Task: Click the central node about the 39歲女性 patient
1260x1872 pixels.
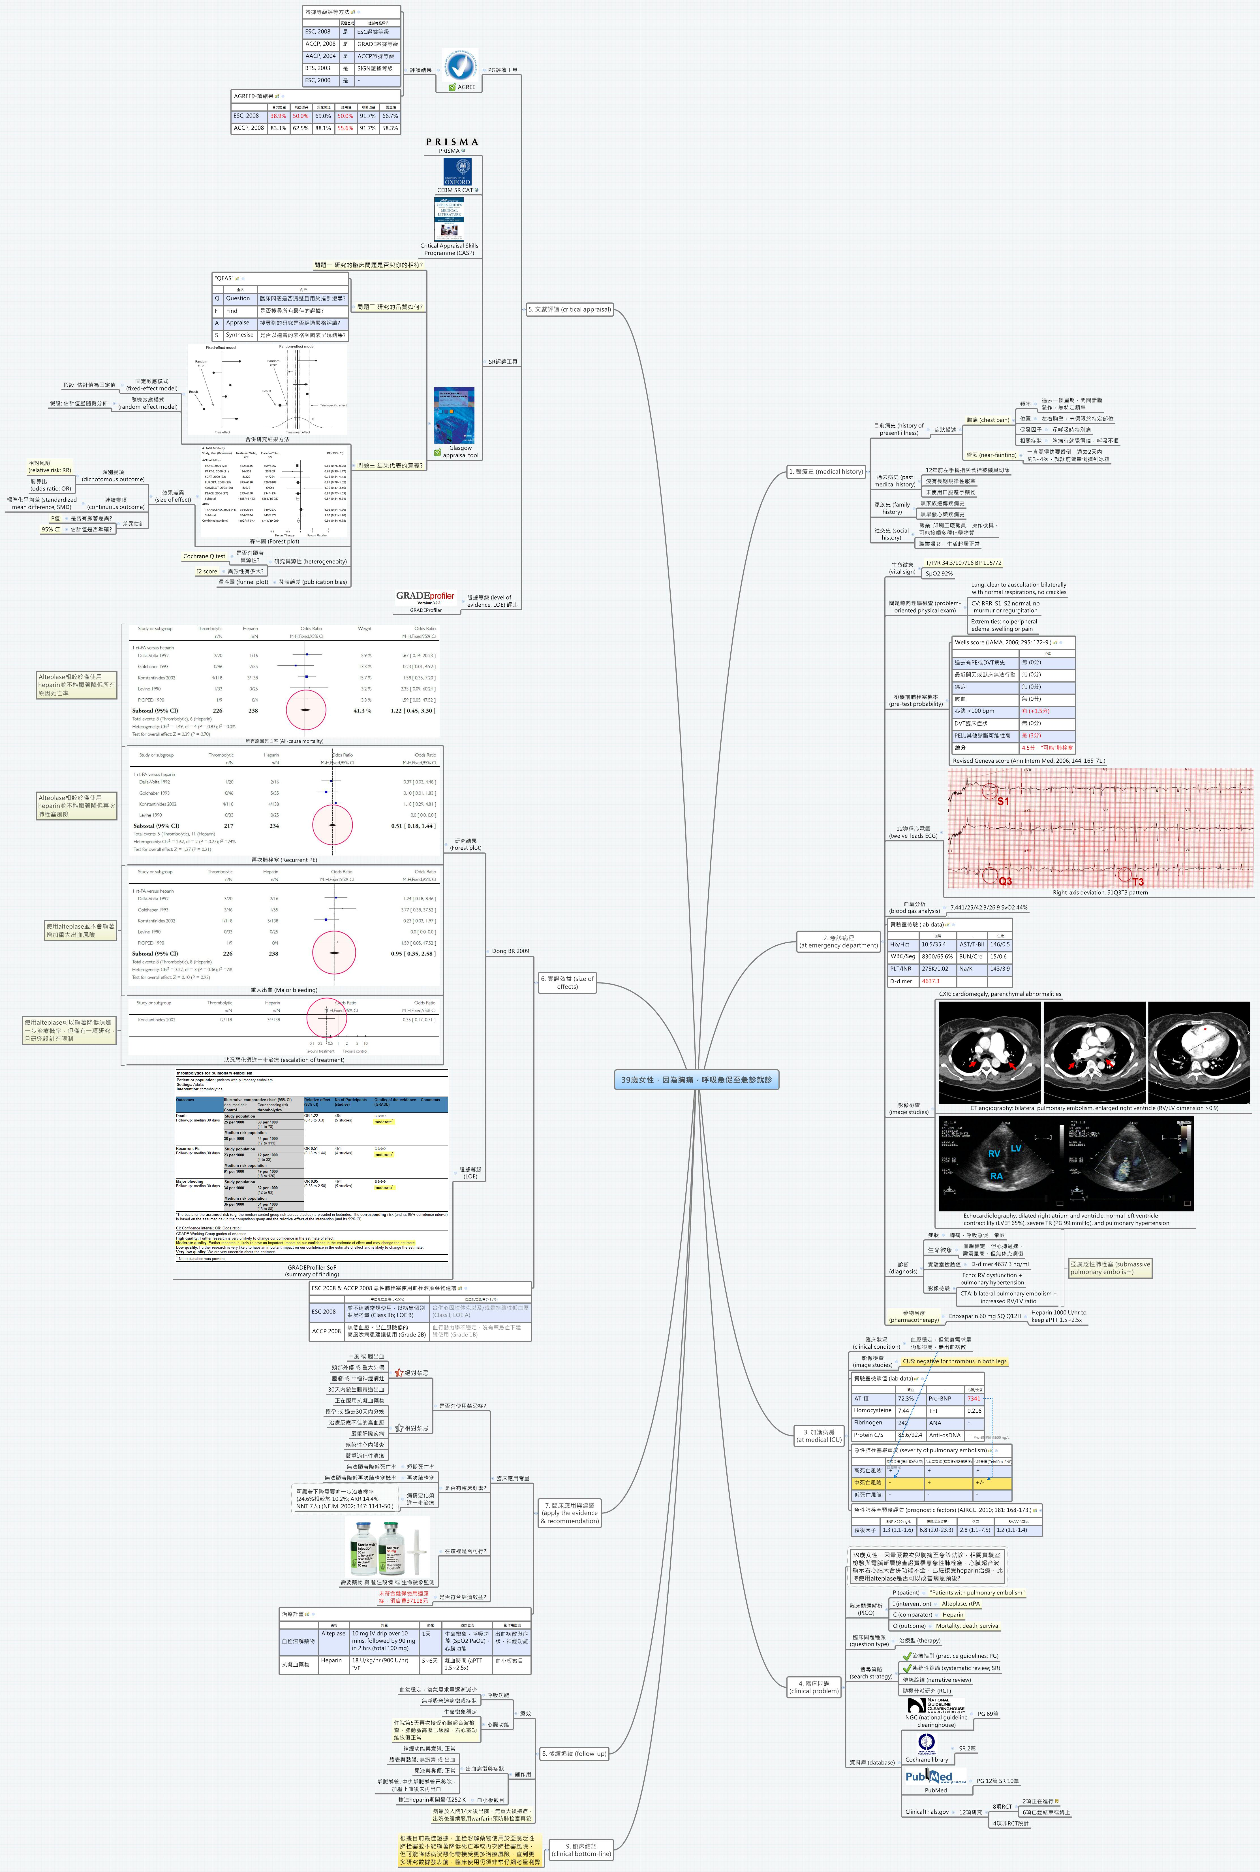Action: pyautogui.click(x=696, y=1080)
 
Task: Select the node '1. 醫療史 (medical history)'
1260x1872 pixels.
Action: pyautogui.click(x=826, y=472)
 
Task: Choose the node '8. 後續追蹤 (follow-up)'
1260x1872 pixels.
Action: pyautogui.click(x=574, y=1753)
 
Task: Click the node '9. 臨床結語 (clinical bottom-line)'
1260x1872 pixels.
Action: pyautogui.click(x=581, y=1850)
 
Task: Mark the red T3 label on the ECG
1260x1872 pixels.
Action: pyautogui.click(x=1138, y=882)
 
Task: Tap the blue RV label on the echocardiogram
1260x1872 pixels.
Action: pyautogui.click(x=994, y=1154)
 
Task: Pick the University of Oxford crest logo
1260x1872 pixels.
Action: pyautogui.click(x=457, y=171)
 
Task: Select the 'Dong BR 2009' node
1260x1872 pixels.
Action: pyautogui.click(x=510, y=951)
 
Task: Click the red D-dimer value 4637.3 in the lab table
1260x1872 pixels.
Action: pyautogui.click(x=930, y=981)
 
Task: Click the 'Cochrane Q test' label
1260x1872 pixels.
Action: pyautogui.click(x=204, y=556)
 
